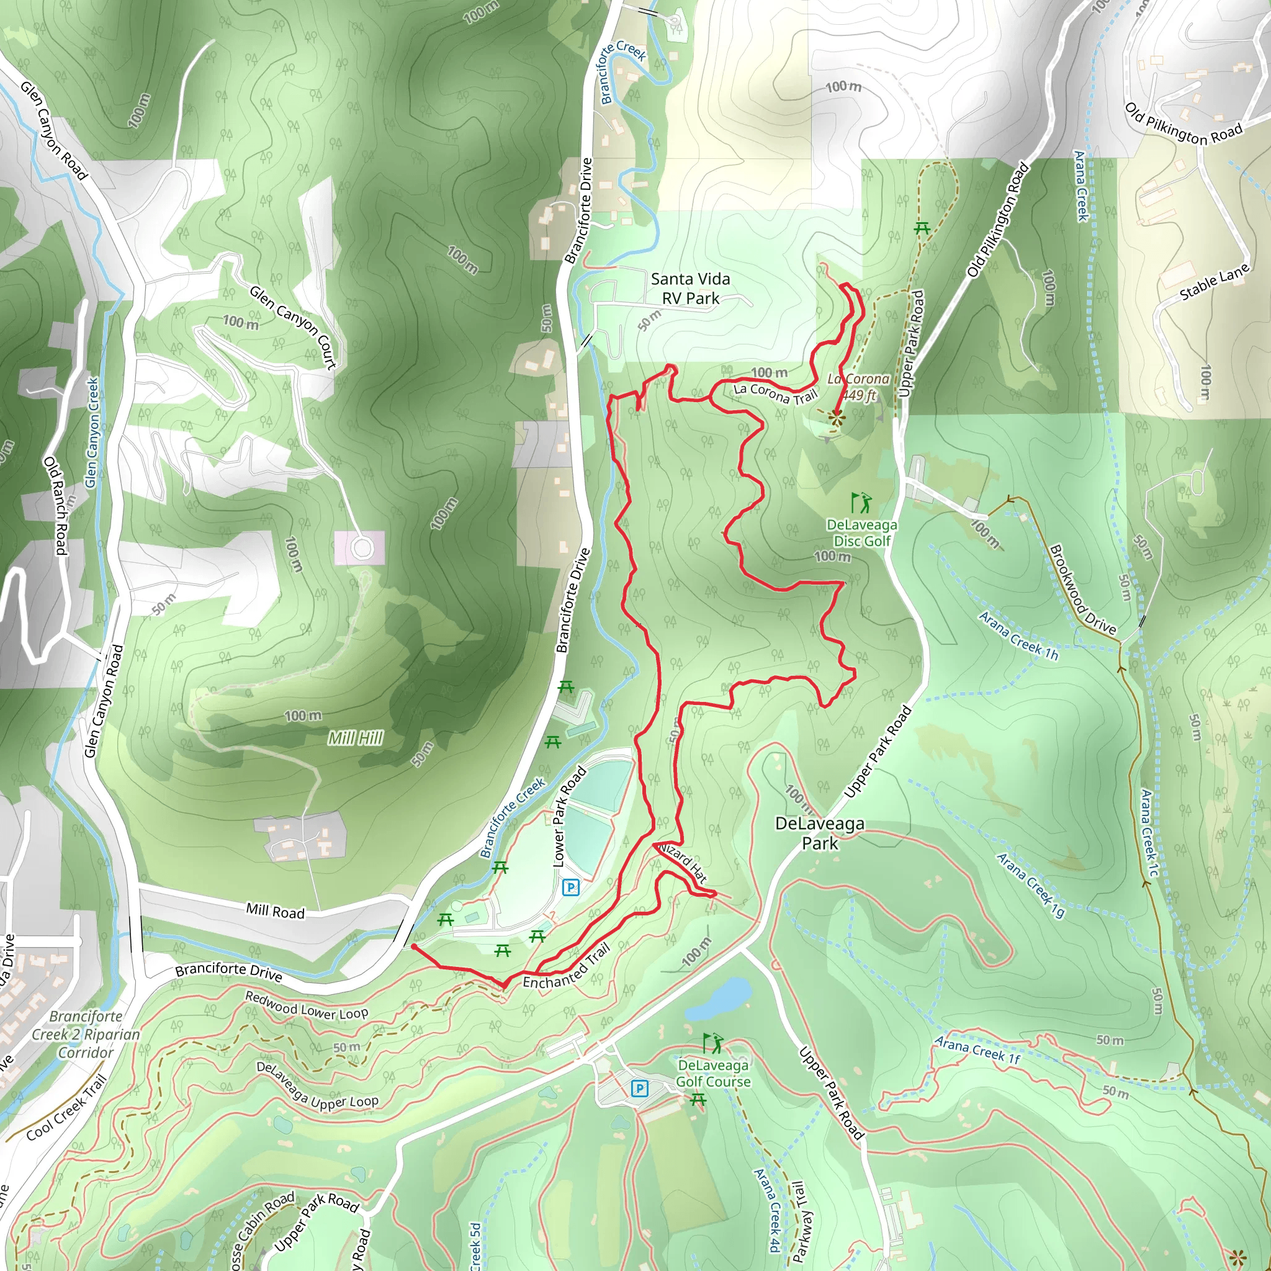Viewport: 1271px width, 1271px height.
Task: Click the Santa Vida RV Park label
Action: click(690, 289)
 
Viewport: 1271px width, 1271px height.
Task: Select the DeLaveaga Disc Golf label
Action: click(862, 533)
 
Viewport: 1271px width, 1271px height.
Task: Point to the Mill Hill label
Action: click(355, 739)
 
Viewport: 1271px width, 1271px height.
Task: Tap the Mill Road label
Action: click(275, 911)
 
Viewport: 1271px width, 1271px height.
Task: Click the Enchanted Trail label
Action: click(567, 966)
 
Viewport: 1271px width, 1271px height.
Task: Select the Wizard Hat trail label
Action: click(683, 863)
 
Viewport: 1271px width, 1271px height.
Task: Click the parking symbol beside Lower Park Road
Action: click(570, 887)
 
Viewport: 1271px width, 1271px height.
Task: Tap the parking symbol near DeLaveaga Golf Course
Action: click(639, 1089)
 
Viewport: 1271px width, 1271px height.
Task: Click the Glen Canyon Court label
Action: click(293, 327)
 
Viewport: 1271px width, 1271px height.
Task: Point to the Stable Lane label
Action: click(1214, 283)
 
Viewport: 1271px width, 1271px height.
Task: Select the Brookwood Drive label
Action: click(1082, 590)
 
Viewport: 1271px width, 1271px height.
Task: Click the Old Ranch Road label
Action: click(56, 505)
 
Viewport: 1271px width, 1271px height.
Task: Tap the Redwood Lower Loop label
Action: click(307, 1006)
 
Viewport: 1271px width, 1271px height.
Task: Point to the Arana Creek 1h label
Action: click(1018, 635)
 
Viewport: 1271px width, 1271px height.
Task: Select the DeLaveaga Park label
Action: click(820, 833)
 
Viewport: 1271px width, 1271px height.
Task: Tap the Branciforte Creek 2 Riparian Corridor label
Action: click(86, 1034)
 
